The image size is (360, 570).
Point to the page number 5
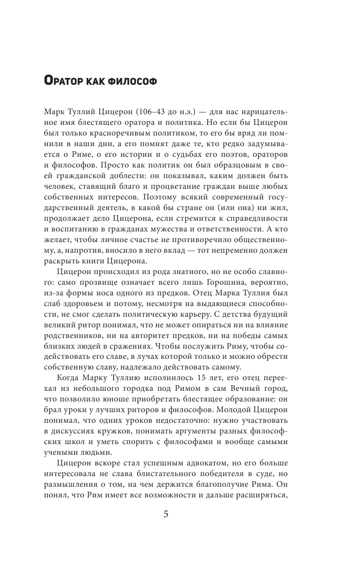(x=166, y=514)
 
